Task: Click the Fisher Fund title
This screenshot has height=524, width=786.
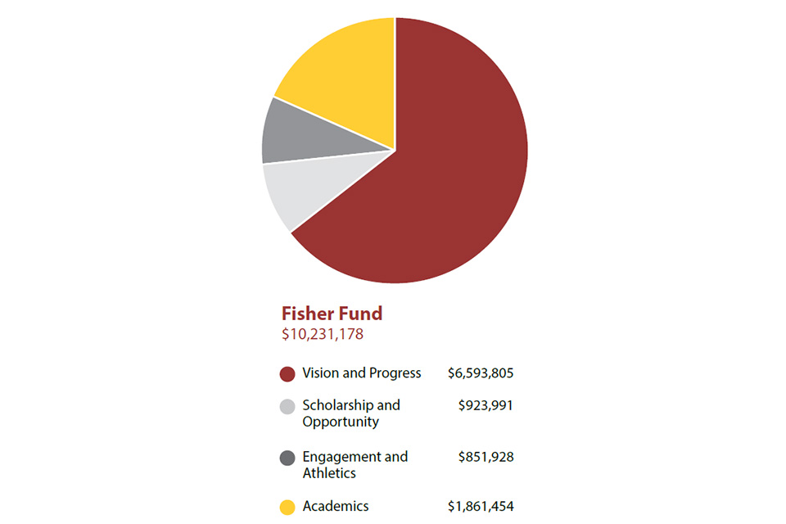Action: (332, 314)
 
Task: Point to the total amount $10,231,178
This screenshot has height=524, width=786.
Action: (323, 334)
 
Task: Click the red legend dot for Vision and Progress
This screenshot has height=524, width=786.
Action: (287, 374)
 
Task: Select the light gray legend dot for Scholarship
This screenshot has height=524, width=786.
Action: (287, 407)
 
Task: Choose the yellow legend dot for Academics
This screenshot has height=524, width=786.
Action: (287, 508)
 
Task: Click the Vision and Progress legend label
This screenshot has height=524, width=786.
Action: (361, 373)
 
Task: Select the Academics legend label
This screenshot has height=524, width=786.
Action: (335, 507)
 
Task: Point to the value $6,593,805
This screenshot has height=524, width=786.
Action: (481, 373)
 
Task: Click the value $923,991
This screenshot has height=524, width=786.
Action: (486, 404)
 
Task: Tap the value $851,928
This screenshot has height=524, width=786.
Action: (486, 456)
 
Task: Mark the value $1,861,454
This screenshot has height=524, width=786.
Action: (481, 507)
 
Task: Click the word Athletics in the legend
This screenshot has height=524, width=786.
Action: (329, 473)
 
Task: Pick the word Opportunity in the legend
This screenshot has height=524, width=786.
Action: (340, 422)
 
